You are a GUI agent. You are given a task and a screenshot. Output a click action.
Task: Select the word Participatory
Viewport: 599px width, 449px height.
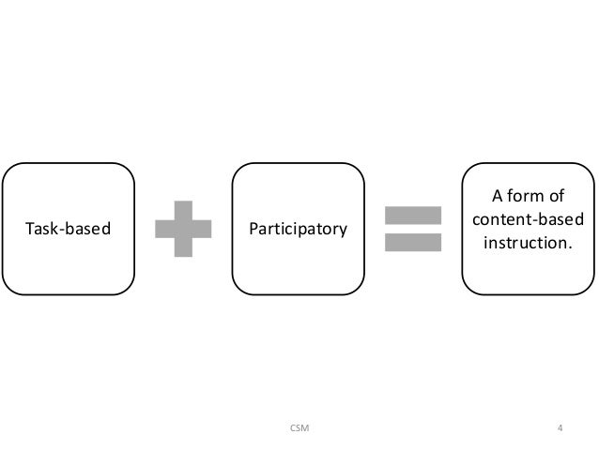[298, 228]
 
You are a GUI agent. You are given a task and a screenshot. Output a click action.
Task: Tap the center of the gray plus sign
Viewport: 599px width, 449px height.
[185, 228]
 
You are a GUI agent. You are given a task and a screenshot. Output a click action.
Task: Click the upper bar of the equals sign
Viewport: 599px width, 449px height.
[413, 215]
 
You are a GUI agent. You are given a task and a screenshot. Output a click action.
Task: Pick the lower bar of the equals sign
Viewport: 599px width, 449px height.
[413, 241]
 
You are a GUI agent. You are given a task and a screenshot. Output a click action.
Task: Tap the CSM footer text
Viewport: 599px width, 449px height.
[299, 429]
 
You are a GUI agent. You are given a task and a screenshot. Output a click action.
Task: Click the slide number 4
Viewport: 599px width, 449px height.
[560, 429]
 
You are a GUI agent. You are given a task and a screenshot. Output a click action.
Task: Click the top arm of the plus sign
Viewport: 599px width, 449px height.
[185, 208]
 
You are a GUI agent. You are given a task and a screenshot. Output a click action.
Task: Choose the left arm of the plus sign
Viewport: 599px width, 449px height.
[164, 228]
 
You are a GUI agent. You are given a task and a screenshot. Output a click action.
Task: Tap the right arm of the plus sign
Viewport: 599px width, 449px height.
[206, 228]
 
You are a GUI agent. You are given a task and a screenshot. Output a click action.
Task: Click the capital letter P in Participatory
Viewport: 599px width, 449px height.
[254, 228]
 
